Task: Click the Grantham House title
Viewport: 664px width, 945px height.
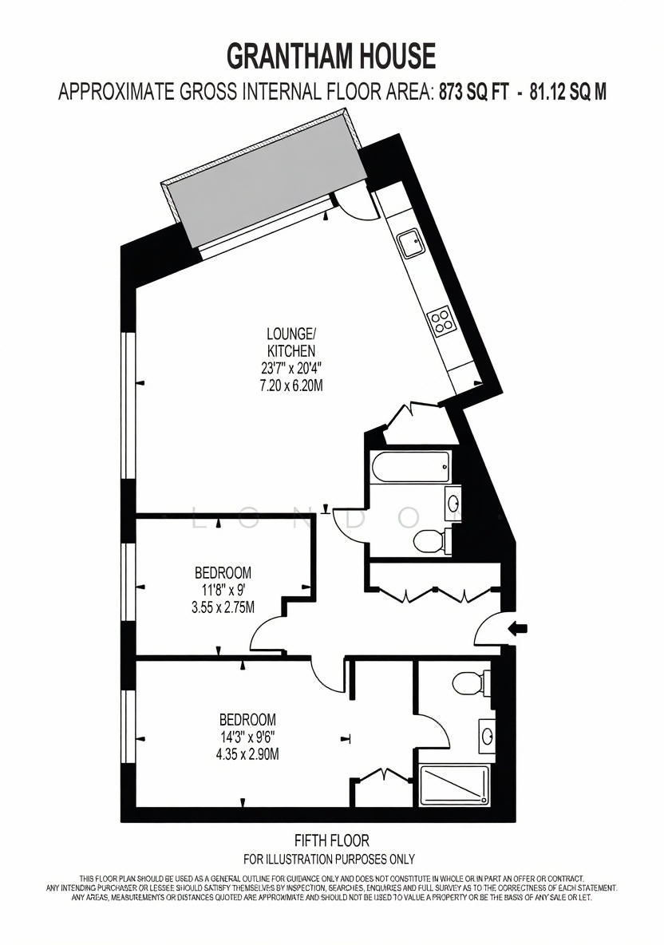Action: [330, 56]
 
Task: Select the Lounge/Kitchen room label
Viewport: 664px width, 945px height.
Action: [291, 342]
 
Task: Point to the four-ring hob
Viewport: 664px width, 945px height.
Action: [442, 320]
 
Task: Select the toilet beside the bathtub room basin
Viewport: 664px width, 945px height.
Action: [432, 540]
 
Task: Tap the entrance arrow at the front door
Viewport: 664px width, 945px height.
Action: [518, 629]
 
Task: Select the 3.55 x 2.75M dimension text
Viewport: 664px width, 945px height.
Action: [223, 607]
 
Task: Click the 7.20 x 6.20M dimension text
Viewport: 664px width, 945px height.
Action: [291, 386]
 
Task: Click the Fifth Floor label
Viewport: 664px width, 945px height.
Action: [331, 840]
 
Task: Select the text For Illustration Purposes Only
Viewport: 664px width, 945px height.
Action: [329, 859]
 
